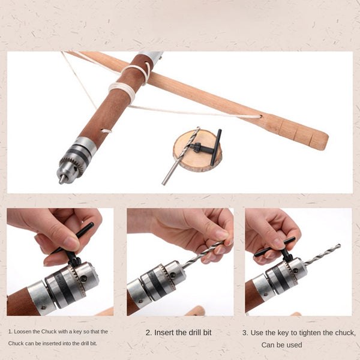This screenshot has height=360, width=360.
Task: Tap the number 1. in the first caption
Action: coord(10,331)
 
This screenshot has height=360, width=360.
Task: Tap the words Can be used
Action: coord(281,345)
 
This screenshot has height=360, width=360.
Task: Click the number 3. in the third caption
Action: coord(245,332)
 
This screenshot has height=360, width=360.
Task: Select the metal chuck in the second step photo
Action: coord(158,279)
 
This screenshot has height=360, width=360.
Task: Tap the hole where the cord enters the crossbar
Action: coord(260,116)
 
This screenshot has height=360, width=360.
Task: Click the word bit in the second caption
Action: coord(206,332)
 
